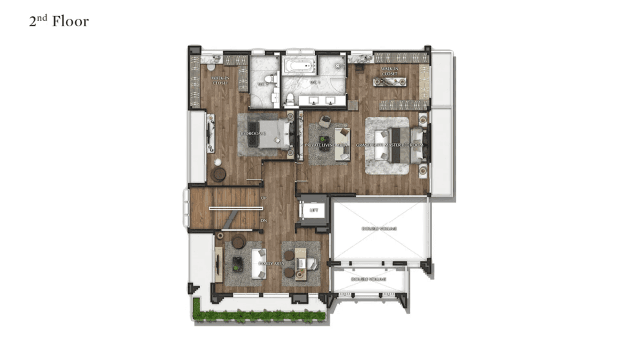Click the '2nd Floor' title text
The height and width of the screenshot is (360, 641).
(x=59, y=21)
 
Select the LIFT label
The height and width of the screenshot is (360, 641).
(x=313, y=210)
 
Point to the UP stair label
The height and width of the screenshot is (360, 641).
(x=263, y=198)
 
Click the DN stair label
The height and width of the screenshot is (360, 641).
(x=263, y=221)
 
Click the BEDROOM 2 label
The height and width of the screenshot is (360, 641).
(x=253, y=134)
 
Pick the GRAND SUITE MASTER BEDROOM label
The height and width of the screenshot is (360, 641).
(x=389, y=145)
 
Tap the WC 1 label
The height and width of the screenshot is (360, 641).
(x=314, y=83)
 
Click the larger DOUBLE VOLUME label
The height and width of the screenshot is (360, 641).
(x=379, y=229)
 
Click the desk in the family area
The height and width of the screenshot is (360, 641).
(x=300, y=264)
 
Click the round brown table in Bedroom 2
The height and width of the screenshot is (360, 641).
(x=219, y=174)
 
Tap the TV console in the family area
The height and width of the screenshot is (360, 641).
(x=219, y=264)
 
